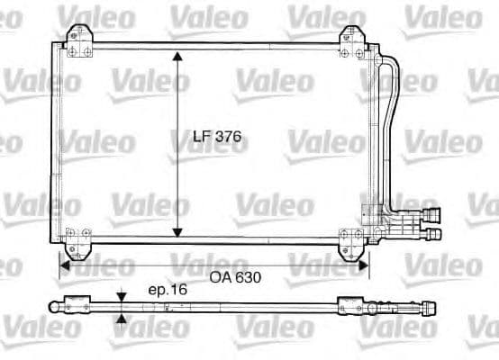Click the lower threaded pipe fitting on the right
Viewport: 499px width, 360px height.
pyautogui.click(x=433, y=234)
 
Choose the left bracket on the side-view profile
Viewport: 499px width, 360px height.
pyautogui.click(x=77, y=304)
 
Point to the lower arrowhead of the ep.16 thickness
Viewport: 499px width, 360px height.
pyautogui.click(x=122, y=316)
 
